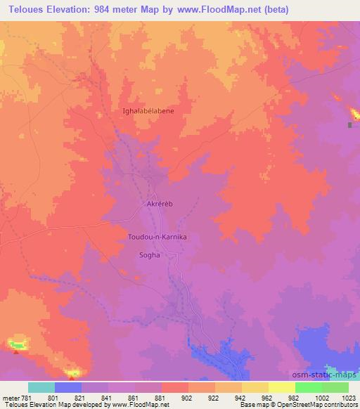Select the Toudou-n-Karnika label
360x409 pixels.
(157, 238)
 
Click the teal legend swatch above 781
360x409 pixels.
(41, 387)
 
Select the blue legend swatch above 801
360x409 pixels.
(68, 387)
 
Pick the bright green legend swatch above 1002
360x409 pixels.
(309, 387)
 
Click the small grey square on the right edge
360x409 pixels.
(349, 125)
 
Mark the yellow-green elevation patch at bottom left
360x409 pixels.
(18, 344)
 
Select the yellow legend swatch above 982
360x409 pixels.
(282, 387)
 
